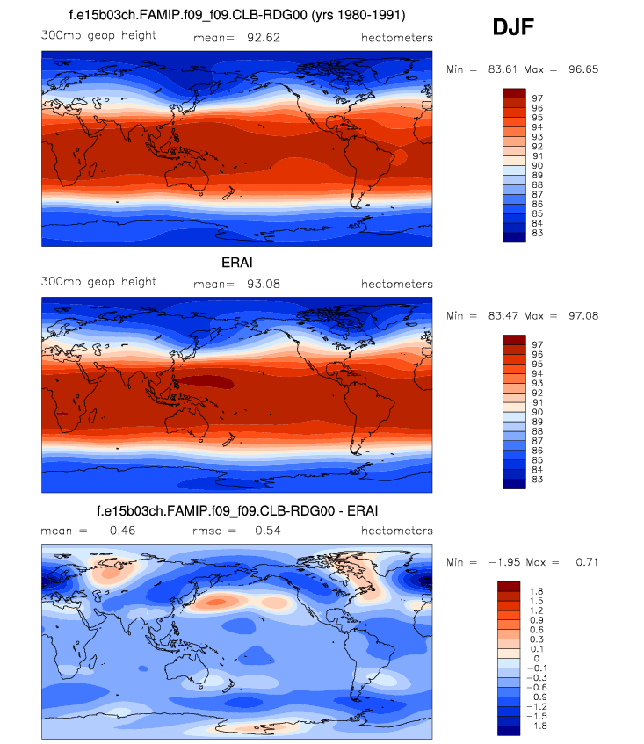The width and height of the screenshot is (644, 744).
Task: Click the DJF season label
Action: (x=514, y=29)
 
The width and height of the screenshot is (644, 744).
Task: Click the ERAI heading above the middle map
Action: (x=238, y=262)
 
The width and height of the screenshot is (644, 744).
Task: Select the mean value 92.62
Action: (x=258, y=38)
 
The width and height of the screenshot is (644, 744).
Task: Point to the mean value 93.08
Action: (x=258, y=284)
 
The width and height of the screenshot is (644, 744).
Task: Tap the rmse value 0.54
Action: (x=264, y=531)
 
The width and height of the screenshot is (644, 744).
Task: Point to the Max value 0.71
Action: (x=582, y=562)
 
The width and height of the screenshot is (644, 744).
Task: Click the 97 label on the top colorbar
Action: (x=537, y=98)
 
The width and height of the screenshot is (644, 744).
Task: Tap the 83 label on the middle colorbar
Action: (x=537, y=479)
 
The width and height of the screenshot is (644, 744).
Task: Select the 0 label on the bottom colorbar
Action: (x=535, y=659)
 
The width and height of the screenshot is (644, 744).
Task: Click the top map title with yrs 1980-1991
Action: (x=237, y=15)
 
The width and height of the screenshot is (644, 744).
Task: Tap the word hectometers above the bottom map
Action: (x=397, y=531)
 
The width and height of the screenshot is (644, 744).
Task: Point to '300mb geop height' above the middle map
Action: (x=98, y=282)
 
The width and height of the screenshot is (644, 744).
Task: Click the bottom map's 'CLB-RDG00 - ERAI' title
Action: (x=237, y=510)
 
